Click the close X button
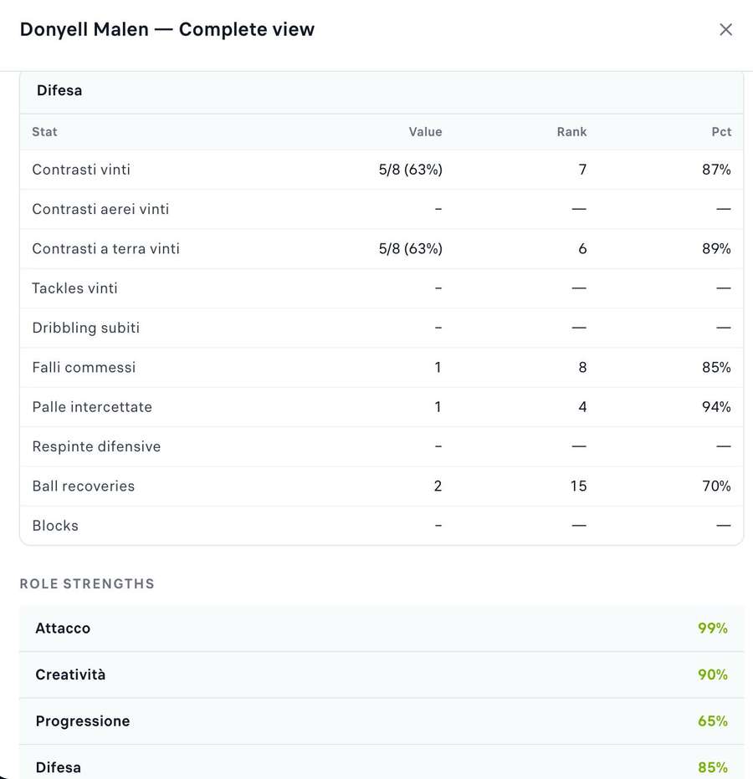725,29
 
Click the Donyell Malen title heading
167,29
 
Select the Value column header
425,132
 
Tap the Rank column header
571,132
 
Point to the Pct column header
721,132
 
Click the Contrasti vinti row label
81,170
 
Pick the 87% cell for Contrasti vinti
716,170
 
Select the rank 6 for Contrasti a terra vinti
582,248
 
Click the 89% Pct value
716,248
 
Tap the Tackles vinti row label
74,288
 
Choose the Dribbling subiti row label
85,328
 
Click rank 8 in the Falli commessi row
582,367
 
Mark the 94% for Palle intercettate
716,407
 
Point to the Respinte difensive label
96,446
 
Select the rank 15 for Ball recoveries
578,486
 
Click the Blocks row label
55,526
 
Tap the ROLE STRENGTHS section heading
87,583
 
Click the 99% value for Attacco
713,628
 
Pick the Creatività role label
70,675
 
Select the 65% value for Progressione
713,720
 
